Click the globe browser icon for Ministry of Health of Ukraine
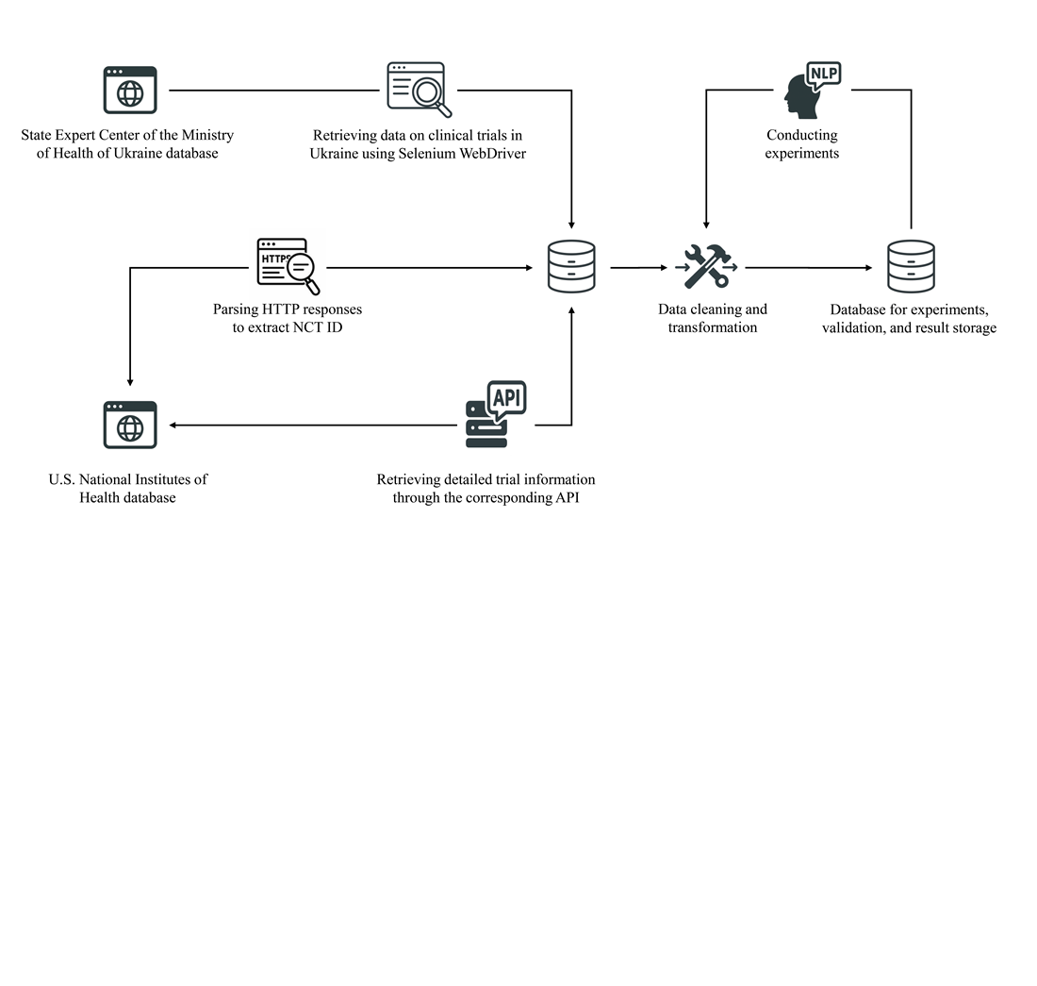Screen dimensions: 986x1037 [130, 91]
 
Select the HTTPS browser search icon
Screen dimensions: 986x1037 [288, 266]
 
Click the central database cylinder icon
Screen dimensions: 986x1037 [571, 267]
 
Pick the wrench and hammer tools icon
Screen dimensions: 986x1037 [708, 266]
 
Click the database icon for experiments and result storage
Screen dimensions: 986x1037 [911, 267]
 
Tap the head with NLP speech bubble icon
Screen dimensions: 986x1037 [811, 89]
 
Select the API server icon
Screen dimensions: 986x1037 [495, 414]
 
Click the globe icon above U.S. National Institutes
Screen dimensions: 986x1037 [130, 425]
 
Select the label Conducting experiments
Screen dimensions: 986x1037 [801, 143]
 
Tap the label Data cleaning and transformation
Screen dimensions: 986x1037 [712, 318]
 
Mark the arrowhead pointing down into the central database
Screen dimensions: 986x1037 [571, 225]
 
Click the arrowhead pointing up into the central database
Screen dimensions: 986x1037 [571, 309]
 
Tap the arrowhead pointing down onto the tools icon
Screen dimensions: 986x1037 [706, 225]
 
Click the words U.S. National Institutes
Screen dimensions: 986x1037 [127, 479]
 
